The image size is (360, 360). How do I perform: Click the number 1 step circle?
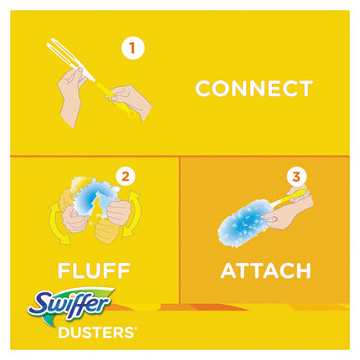(133, 48)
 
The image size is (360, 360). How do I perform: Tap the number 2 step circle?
(126, 177)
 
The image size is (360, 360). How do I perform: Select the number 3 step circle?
(296, 177)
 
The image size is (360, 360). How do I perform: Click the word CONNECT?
(254, 89)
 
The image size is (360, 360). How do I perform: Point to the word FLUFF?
(94, 270)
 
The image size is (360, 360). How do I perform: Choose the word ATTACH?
(265, 270)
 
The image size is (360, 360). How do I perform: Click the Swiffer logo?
(71, 304)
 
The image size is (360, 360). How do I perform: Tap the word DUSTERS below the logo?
(96, 332)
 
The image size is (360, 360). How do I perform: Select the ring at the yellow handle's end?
(131, 114)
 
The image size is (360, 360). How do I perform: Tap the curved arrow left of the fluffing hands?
(58, 222)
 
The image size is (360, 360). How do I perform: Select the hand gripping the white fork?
(73, 94)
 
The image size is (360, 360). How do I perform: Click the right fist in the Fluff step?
(119, 212)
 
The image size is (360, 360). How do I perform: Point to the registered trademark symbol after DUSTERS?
(136, 329)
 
